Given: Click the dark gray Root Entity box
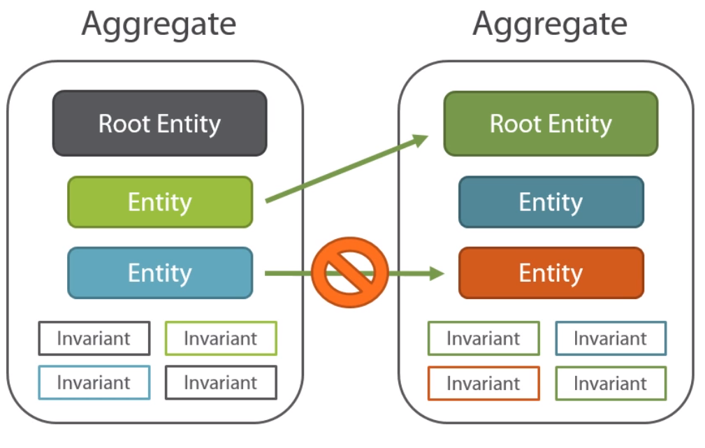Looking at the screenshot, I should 159,124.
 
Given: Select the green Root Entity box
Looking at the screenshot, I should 551,124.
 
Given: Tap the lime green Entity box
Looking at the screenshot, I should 159,202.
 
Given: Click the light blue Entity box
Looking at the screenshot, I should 159,273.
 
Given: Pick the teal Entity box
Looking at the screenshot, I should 551,202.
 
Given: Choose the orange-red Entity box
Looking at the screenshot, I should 551,273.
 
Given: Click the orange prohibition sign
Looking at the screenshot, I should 349,273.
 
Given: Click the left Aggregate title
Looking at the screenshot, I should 159,24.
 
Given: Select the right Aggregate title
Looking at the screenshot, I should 550,24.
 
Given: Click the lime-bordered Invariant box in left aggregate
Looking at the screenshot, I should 221,338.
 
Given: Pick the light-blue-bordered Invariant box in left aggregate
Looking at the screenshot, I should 94,382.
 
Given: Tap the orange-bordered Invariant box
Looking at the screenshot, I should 484,383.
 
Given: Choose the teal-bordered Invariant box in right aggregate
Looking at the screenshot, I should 611,338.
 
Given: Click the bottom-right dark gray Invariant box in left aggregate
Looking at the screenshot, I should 221,382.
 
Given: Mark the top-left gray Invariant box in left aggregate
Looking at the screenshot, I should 94,338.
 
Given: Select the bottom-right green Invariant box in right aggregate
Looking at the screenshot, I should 611,383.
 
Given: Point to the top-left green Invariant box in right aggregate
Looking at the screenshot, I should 484,338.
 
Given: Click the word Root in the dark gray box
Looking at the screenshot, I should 124,124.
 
